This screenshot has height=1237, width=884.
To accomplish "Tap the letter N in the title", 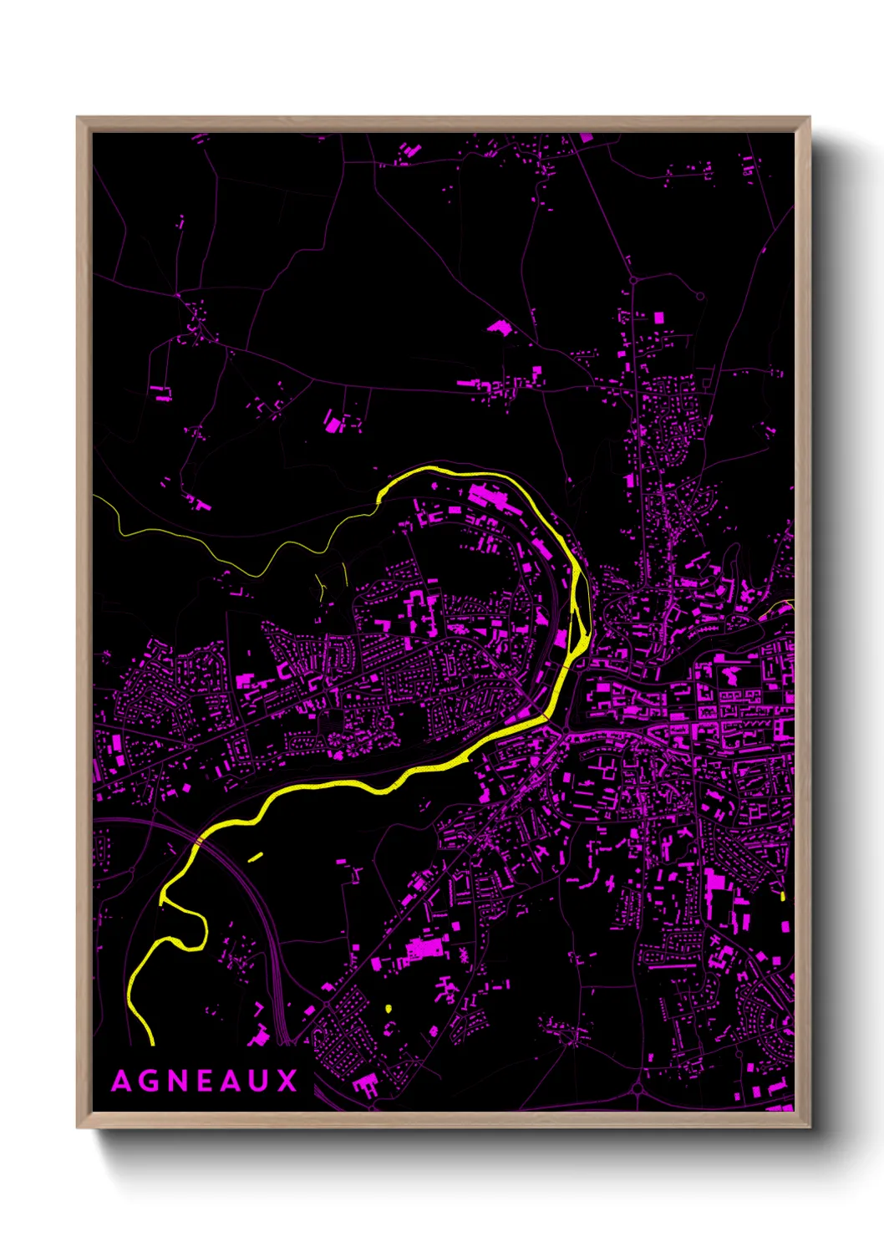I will (178, 1082).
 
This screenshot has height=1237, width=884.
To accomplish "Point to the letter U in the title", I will (260, 1082).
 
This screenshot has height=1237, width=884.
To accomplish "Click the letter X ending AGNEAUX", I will (287, 1082).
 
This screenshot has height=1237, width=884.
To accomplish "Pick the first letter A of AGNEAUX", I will (121, 1082).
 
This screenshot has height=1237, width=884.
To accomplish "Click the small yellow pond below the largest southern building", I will (389, 1008).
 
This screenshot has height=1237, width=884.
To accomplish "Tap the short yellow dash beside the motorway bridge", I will (256, 857).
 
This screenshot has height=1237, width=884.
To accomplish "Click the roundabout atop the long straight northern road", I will (633, 280).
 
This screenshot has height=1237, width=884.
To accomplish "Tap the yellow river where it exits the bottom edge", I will (151, 1042).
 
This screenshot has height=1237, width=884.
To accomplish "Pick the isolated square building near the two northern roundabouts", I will (658, 318).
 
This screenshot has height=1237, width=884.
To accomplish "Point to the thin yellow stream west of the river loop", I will (251, 568).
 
